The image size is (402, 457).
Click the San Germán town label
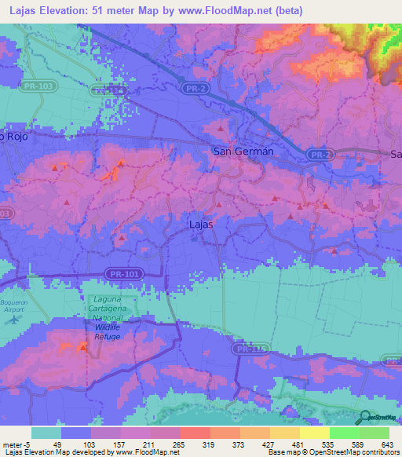coord(243,152)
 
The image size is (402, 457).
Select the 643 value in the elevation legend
coord(386,445)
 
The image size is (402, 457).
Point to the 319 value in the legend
coord(209,445)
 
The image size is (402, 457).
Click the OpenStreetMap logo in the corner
coord(364,419)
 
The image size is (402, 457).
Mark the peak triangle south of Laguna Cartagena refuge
coord(82,346)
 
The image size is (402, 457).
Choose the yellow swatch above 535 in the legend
coord(315,433)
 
